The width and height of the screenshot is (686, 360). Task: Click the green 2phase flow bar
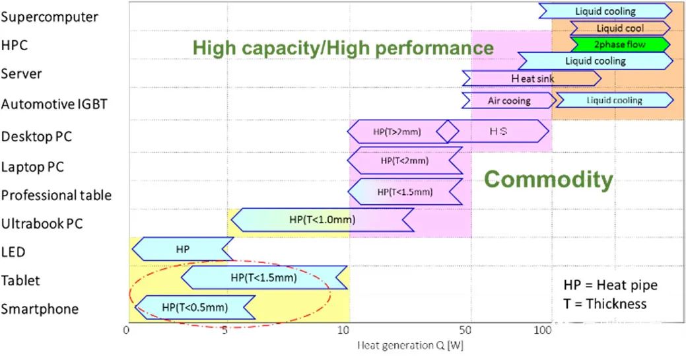[x=620, y=45]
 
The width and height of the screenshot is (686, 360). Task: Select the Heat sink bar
[x=532, y=78]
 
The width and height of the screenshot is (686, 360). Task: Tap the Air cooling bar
[x=508, y=100]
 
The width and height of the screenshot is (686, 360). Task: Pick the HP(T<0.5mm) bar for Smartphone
[x=195, y=307]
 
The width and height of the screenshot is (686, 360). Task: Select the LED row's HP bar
[x=183, y=250]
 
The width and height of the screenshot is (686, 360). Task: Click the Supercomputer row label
[x=50, y=17]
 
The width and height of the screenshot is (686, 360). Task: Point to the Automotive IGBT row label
[x=54, y=104]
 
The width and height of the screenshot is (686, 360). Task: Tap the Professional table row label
[x=56, y=196]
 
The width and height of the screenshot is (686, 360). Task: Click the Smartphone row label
[x=40, y=309]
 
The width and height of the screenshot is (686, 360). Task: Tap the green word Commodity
[x=549, y=180]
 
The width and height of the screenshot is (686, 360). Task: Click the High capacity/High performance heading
[x=343, y=48]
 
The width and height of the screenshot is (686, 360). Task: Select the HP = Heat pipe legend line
[x=610, y=285]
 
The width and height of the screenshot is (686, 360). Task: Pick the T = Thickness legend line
[x=604, y=304]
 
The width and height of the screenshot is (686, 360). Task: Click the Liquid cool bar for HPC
[x=620, y=28]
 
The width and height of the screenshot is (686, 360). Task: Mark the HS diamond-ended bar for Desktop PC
[x=498, y=131]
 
